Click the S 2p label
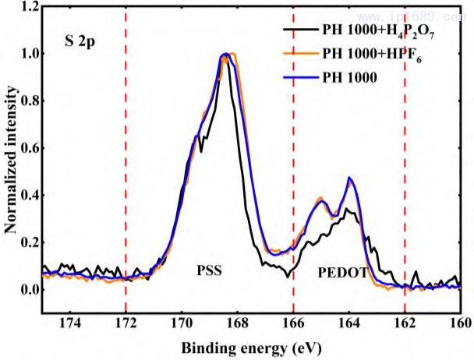click(x=80, y=38)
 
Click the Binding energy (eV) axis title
click(x=249, y=346)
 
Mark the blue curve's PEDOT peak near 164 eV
click(x=350, y=178)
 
